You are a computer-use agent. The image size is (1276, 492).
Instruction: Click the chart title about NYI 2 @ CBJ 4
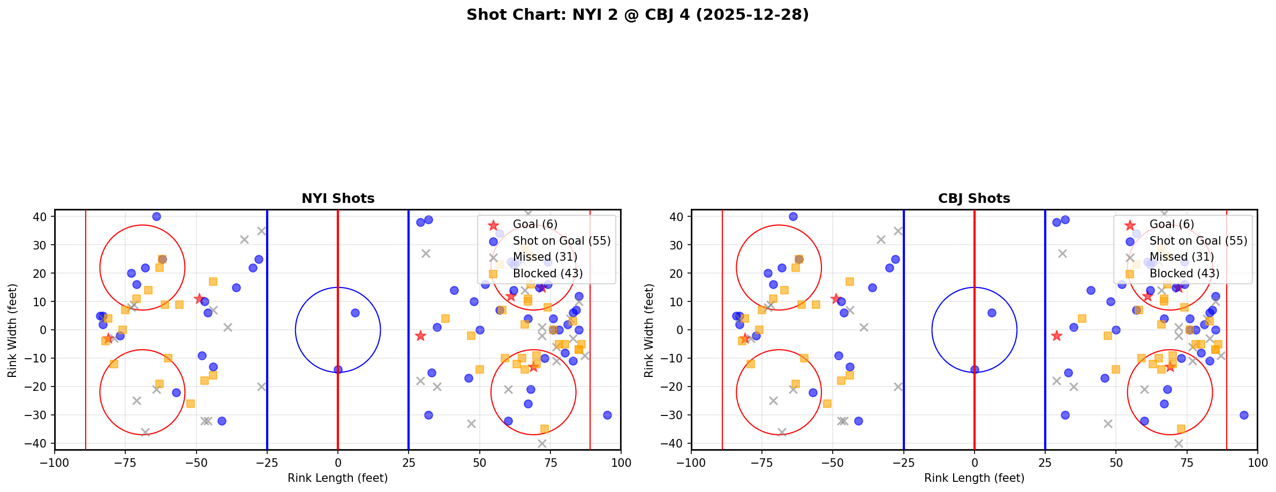[637, 14]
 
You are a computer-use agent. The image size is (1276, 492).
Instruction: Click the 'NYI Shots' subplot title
[338, 199]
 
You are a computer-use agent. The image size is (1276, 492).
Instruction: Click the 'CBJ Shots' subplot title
[974, 199]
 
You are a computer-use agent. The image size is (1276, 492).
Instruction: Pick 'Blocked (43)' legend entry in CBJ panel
[1184, 274]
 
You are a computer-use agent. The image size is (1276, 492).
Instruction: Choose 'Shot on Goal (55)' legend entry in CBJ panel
[1198, 241]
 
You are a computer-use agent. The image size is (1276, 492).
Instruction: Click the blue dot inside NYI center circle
[355, 313]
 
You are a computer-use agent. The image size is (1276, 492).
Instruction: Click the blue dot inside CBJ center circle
[992, 313]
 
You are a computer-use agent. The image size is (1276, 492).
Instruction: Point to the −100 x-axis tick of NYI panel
[55, 462]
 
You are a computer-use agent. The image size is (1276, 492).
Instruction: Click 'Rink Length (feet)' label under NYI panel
[337, 478]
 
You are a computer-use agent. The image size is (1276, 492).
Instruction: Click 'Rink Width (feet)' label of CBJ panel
[649, 330]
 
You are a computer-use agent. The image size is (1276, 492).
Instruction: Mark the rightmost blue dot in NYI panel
[607, 415]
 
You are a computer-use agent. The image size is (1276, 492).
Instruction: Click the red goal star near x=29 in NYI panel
[420, 336]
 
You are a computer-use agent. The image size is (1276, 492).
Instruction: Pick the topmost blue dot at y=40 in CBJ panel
[793, 217]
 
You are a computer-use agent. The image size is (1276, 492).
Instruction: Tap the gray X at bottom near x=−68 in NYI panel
[145, 432]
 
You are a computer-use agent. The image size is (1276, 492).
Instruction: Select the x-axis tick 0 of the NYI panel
[338, 462]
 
